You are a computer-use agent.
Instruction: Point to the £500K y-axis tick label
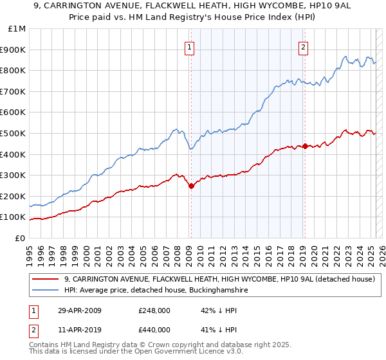(x=13, y=133)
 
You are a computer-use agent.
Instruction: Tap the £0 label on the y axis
(x=21, y=238)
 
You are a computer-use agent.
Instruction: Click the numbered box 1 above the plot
(x=190, y=46)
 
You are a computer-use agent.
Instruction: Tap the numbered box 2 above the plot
(x=303, y=46)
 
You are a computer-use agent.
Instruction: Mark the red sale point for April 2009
(x=191, y=186)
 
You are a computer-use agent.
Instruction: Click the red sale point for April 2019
(x=304, y=146)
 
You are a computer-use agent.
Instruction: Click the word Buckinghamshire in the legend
(x=215, y=290)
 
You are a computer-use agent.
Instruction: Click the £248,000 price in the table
(x=154, y=310)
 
